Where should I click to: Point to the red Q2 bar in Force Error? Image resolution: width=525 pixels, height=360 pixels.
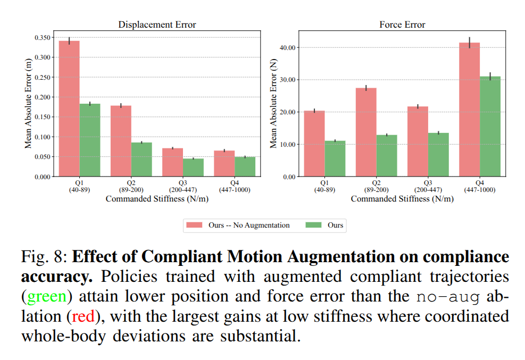coord(365,132)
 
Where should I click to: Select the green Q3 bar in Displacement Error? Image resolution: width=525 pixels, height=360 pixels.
coord(193,168)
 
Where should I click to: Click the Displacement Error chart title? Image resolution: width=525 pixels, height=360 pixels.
coord(157,25)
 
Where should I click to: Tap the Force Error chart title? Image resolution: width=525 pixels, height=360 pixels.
coord(402,25)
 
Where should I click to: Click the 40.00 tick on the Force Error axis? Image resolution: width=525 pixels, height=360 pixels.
coord(287,48)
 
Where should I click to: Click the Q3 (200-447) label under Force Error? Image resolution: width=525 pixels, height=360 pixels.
coord(428,187)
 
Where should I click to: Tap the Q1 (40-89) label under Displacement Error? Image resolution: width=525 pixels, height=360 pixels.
coord(80,187)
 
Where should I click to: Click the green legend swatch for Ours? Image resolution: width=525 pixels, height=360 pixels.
coord(313,225)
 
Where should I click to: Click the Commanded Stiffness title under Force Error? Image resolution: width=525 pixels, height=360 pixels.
coord(402,199)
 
